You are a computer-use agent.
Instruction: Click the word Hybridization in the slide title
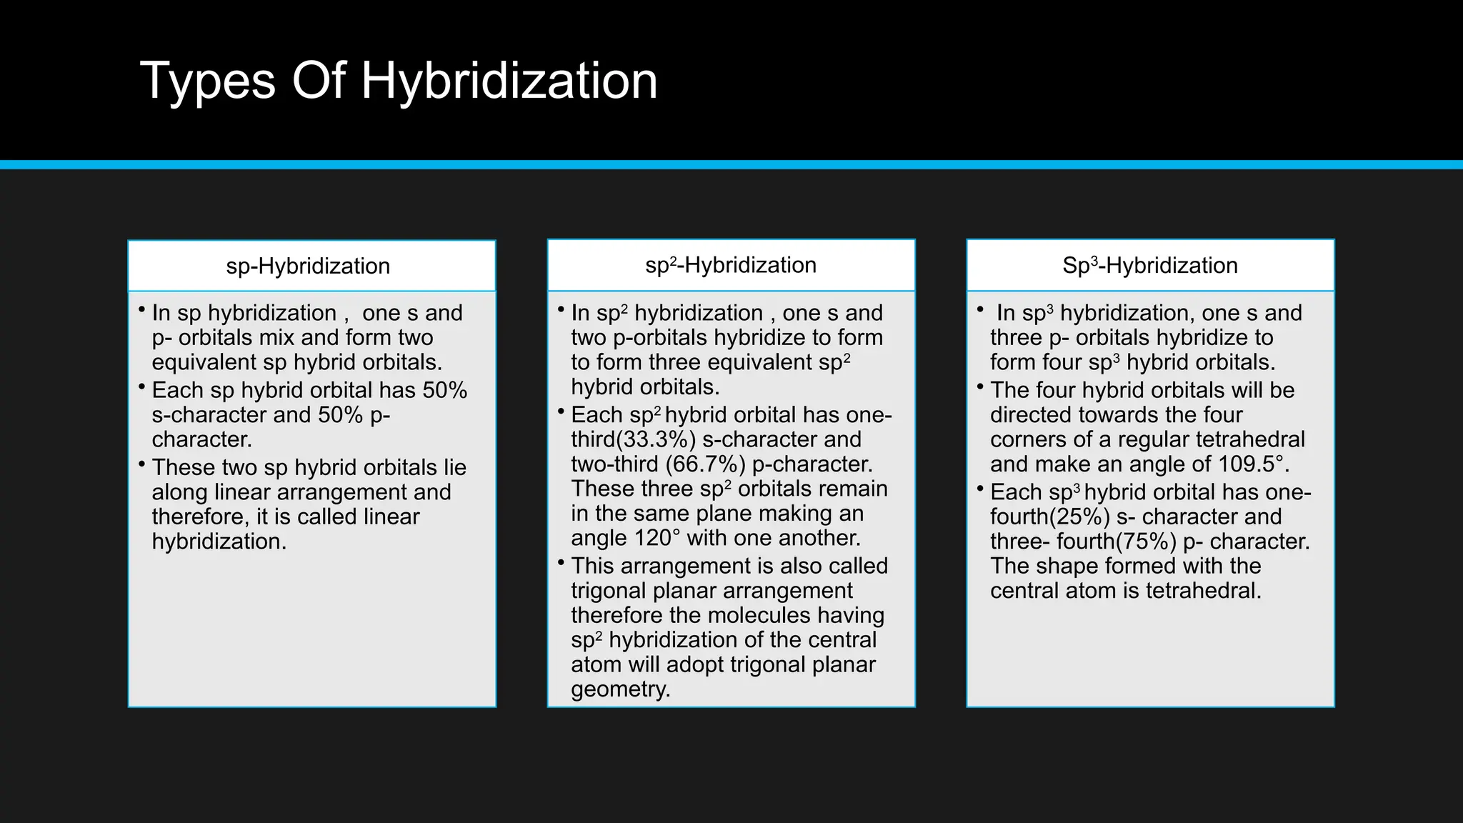coord(509,81)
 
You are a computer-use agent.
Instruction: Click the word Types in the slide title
coord(208,81)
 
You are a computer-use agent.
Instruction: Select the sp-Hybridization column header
coord(308,266)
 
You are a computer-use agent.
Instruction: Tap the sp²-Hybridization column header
coord(731,265)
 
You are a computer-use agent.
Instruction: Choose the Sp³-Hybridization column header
coord(1149,265)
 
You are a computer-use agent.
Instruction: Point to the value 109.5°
coord(1253,464)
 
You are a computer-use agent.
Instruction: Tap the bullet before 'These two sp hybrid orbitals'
coord(141,465)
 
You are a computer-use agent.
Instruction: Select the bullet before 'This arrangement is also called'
coord(561,563)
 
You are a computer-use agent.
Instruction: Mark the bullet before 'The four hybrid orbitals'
coord(980,387)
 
